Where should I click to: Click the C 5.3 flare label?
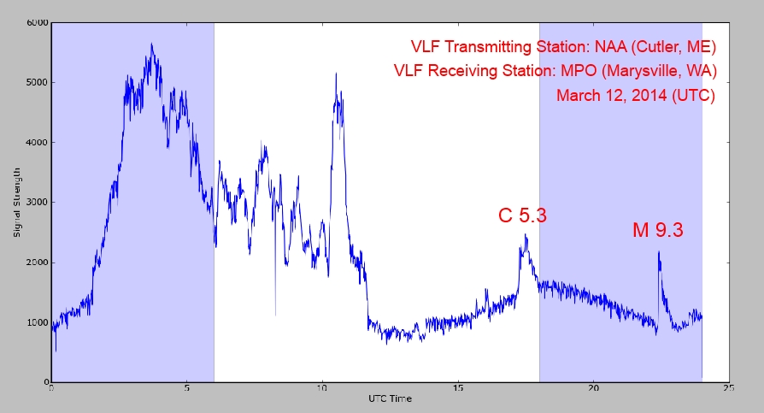tap(522, 215)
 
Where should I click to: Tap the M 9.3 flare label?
tap(658, 229)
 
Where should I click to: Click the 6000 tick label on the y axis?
tap(38, 23)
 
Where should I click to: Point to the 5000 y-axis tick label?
tap(38, 83)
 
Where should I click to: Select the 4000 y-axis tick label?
tap(38, 143)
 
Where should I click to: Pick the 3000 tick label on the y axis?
tap(38, 203)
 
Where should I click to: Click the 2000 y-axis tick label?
tap(38, 263)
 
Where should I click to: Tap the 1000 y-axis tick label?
tap(38, 322)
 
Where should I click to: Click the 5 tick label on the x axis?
tap(187, 389)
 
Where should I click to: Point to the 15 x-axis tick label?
tap(458, 389)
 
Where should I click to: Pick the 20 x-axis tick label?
tap(593, 389)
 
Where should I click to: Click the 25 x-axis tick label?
tap(728, 389)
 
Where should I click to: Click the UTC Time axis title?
tap(390, 399)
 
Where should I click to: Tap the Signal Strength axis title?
tap(17, 202)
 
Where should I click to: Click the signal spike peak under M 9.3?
tap(659, 252)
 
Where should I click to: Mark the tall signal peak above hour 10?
tap(336, 74)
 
